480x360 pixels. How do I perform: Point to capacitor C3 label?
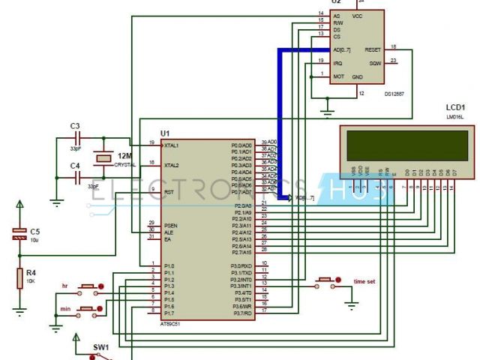point(74,125)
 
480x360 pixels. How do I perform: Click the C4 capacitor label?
point(74,165)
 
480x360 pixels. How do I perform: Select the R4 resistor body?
point(20,278)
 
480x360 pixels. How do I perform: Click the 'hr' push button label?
point(64,286)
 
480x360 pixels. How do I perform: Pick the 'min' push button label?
point(64,309)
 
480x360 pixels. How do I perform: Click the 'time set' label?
point(366,282)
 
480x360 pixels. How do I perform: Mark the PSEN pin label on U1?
point(171,223)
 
